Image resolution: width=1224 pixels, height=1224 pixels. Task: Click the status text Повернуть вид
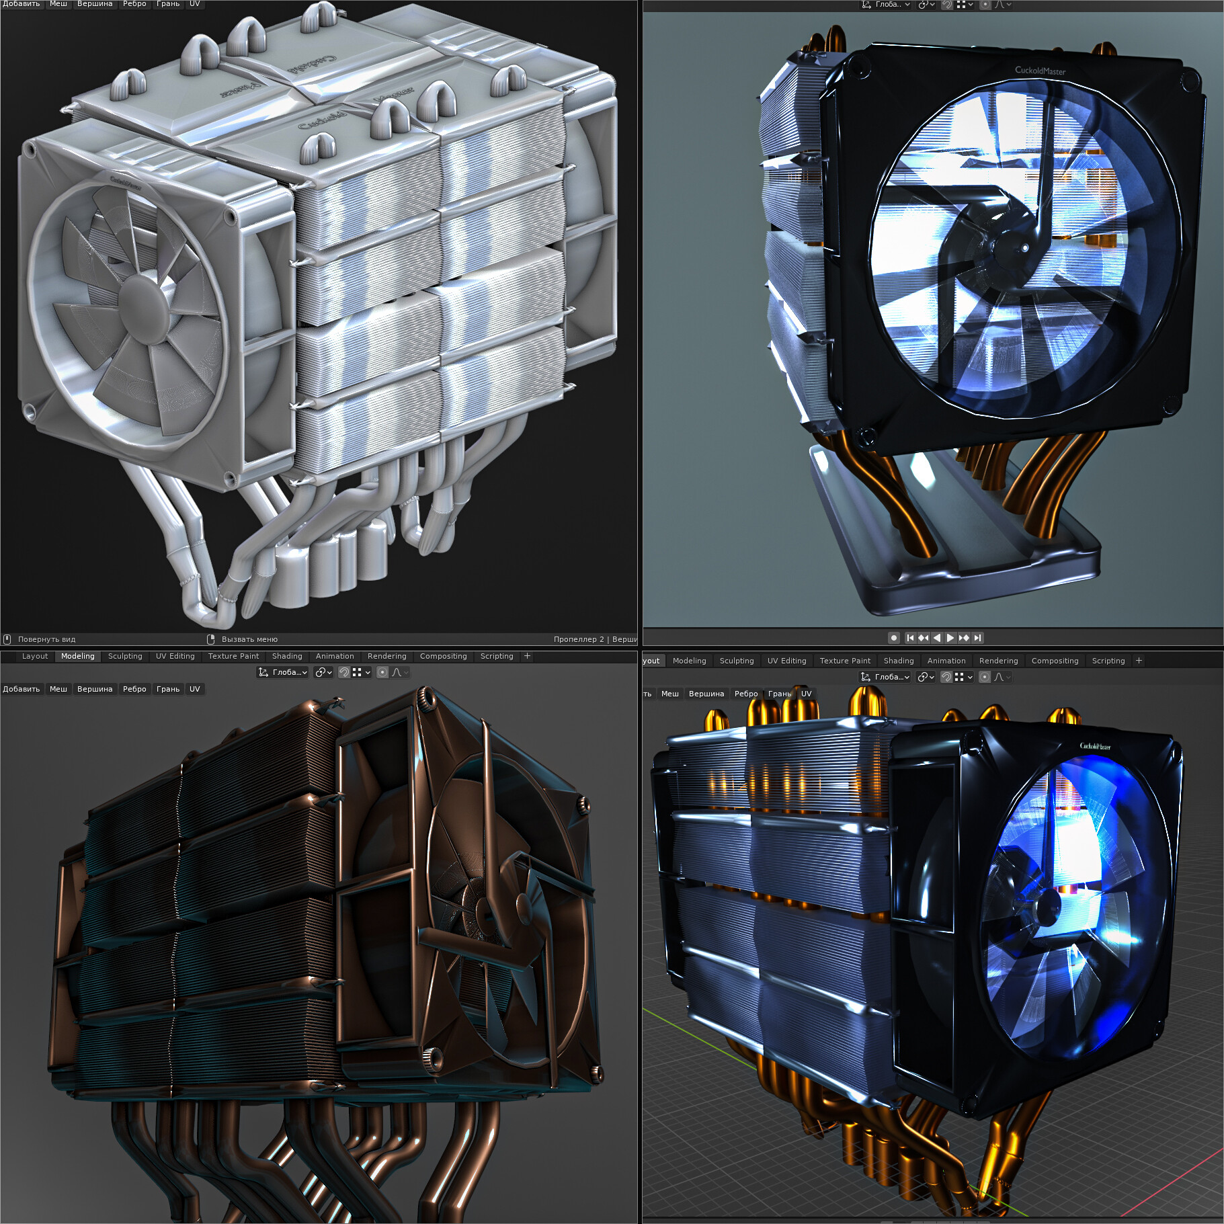pos(46,639)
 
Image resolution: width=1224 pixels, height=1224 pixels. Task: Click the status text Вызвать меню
pos(249,639)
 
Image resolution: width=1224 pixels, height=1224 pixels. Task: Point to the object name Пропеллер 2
pos(578,639)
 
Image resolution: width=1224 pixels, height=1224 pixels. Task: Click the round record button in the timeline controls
pos(894,638)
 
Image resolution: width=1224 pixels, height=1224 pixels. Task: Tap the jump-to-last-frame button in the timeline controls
pos(978,638)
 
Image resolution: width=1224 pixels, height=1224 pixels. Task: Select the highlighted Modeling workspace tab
pos(78,656)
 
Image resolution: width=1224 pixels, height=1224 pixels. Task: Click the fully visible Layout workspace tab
pos(35,656)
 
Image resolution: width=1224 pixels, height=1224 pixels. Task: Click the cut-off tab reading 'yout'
pos(651,661)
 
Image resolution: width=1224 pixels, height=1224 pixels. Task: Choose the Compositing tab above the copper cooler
pos(443,656)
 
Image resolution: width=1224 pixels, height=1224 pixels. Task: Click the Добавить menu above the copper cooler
pos(22,689)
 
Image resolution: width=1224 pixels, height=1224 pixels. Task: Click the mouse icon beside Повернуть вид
pos(7,639)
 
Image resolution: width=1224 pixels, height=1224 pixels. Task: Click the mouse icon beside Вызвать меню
pos(210,639)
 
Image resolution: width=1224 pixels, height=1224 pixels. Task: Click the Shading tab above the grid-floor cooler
pos(899,661)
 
